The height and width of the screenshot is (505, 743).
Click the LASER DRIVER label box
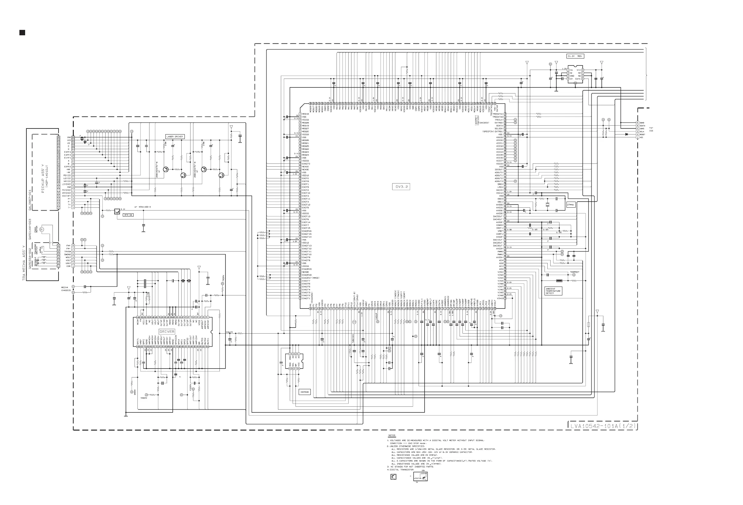point(175,136)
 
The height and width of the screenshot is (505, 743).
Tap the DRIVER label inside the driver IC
point(167,331)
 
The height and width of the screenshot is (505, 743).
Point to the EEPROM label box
point(305,392)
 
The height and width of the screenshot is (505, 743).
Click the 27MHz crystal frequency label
point(571,204)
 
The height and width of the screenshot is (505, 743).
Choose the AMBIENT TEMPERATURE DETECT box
point(553,291)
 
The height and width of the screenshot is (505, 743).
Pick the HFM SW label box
point(128,215)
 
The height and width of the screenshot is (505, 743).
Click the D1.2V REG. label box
point(575,56)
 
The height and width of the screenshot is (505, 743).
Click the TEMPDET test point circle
point(574,275)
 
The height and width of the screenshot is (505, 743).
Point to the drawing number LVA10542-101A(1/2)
point(603,426)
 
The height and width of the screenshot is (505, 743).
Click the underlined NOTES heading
point(392,435)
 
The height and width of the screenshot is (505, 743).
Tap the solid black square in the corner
point(22,32)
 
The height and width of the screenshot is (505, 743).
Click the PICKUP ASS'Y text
point(43,179)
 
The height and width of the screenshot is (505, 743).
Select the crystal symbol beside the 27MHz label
point(547,204)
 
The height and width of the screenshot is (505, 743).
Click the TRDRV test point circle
point(223,283)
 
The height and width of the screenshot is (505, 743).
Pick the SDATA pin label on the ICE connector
point(642,126)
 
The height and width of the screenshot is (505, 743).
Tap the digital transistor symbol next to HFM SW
point(117,211)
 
